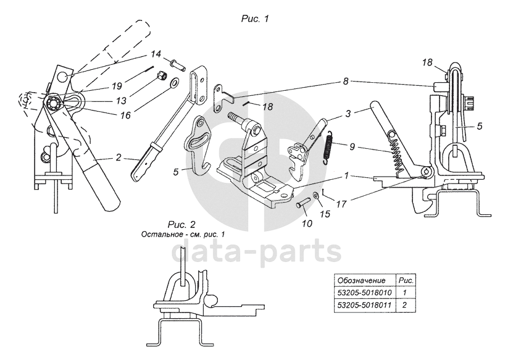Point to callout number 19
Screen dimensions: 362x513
click(117, 85)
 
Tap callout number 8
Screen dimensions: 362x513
click(346, 80)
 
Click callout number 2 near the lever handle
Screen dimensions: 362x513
click(118, 158)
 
